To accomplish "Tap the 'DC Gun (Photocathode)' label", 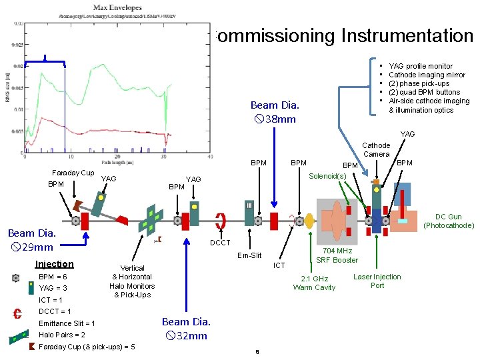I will [449, 221].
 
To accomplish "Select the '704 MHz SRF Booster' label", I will [337, 255].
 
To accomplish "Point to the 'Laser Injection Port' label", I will [377, 281].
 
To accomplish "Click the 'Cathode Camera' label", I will [376, 149].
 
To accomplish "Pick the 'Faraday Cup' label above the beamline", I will [73, 173].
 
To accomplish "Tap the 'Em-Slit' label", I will [249, 255].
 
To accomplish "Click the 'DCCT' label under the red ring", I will [220, 243].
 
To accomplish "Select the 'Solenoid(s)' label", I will [327, 176].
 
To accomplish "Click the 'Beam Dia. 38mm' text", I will [275, 112].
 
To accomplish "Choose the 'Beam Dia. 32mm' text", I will [187, 329].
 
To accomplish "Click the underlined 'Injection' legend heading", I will [55, 264].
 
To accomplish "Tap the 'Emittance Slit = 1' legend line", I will [67, 323].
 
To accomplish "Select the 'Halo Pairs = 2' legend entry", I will [62, 335].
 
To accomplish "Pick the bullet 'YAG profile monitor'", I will [420, 66].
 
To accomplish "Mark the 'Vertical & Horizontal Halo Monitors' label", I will [132, 281].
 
